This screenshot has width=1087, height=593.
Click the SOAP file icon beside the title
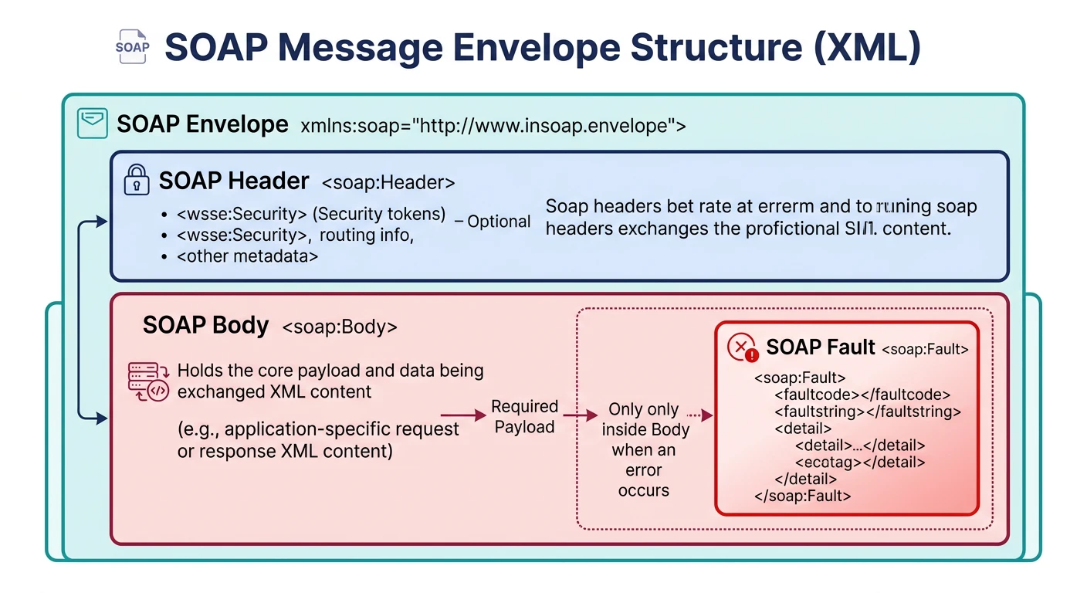(131, 46)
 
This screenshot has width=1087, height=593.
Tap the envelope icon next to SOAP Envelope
(93, 124)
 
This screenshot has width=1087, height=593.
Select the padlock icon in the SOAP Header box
(137, 181)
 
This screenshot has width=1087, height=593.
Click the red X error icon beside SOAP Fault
(742, 348)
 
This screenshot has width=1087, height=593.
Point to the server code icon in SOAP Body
(147, 382)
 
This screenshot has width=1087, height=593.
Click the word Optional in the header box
(499, 222)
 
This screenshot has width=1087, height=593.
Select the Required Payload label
(525, 416)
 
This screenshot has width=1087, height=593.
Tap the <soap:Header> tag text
(388, 183)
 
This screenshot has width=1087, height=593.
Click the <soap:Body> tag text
(340, 327)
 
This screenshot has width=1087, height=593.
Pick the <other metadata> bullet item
(247, 256)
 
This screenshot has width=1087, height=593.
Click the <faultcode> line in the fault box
(862, 395)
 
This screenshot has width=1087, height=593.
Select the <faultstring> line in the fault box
(867, 412)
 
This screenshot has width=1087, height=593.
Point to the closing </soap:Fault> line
(802, 496)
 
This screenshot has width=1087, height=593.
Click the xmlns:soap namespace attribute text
(492, 126)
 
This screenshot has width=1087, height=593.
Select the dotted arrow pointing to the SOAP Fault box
(699, 415)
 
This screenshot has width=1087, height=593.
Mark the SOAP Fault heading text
(820, 347)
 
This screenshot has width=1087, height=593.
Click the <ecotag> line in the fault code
(860, 463)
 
